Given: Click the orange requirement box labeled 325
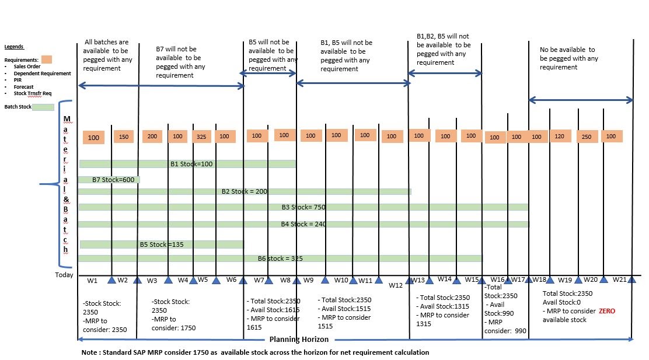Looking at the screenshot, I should [x=201, y=137].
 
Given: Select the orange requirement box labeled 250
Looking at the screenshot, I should [x=586, y=137].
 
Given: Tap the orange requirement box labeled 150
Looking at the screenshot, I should [x=123, y=137].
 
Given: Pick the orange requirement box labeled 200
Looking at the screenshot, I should [x=152, y=136].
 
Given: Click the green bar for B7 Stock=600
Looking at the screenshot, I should [x=109, y=180].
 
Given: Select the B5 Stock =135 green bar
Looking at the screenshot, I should [x=162, y=244].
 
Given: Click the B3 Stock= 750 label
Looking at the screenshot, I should [x=303, y=207].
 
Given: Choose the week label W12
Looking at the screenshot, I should [x=396, y=285].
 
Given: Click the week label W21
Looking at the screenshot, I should [x=620, y=279].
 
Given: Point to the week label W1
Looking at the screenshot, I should [x=92, y=281].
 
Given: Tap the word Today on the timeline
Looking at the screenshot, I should [x=64, y=275].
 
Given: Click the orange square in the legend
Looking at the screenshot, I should [x=47, y=60].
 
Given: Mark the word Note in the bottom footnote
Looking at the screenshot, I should [x=89, y=352].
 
